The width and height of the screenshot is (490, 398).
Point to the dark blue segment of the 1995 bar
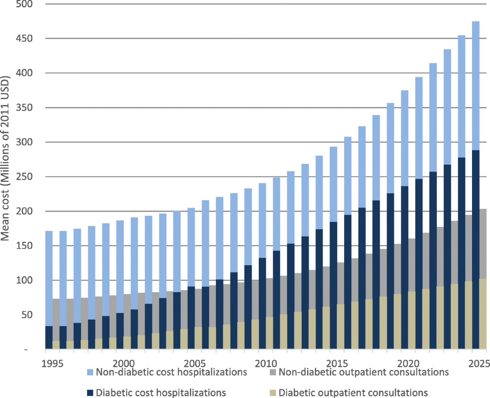pyautogui.click(x=49, y=338)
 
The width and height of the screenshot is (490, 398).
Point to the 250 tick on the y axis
pyautogui.click(x=26, y=177)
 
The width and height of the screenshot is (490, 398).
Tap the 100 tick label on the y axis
pyautogui.click(x=26, y=280)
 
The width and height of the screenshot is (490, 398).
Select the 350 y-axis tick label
pyautogui.click(x=26, y=108)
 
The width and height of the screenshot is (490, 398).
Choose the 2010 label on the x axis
pyautogui.click(x=267, y=363)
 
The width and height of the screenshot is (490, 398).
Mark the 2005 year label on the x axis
pyautogui.click(x=196, y=363)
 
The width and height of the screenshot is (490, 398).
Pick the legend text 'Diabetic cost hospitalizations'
pyautogui.click(x=161, y=392)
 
